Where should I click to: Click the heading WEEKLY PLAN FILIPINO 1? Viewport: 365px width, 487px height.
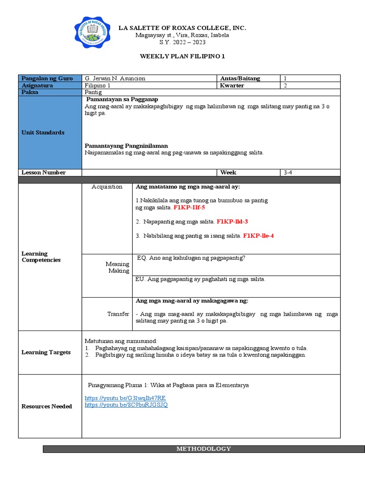[182, 56]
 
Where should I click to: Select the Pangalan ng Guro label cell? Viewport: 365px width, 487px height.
[43, 78]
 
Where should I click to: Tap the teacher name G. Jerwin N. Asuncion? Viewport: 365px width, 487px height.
[115, 78]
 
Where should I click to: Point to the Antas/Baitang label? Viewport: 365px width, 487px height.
[240, 78]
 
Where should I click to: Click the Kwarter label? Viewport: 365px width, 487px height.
[232, 86]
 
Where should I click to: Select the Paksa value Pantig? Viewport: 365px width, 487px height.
[93, 92]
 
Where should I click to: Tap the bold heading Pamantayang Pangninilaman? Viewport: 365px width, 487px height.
[126, 146]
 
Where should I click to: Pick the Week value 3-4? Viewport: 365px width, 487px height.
[288, 173]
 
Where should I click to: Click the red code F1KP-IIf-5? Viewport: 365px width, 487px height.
[189, 208]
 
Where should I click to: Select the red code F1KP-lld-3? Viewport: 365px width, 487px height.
[232, 222]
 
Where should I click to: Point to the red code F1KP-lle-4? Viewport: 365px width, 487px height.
[258, 235]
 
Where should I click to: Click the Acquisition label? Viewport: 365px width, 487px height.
[107, 187]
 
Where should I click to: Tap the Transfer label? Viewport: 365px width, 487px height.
[118, 314]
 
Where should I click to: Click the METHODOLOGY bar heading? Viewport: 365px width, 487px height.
[203, 448]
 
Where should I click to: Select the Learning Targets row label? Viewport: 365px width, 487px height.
[46, 352]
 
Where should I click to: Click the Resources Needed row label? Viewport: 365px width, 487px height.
[47, 406]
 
